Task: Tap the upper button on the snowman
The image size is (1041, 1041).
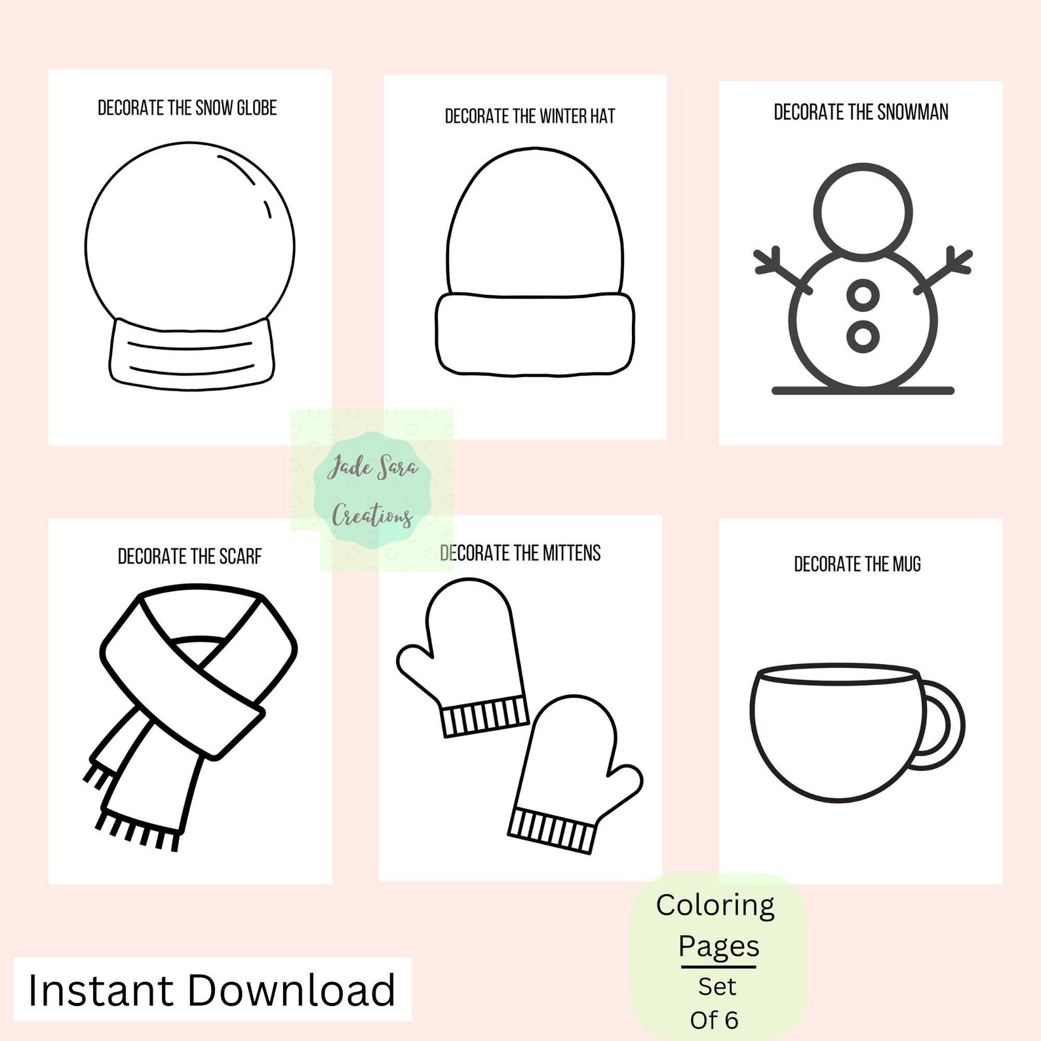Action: (863, 294)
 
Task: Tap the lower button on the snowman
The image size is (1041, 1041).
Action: (863, 336)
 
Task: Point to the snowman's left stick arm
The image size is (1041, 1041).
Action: (780, 269)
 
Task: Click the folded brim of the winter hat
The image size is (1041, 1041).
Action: (534, 334)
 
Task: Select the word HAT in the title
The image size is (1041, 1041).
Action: (602, 117)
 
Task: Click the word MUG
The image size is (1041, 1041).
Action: (906, 564)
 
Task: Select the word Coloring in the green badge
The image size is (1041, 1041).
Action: (715, 905)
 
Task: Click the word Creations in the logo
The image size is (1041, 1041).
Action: (372, 515)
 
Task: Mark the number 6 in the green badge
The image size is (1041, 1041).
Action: (731, 1020)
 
